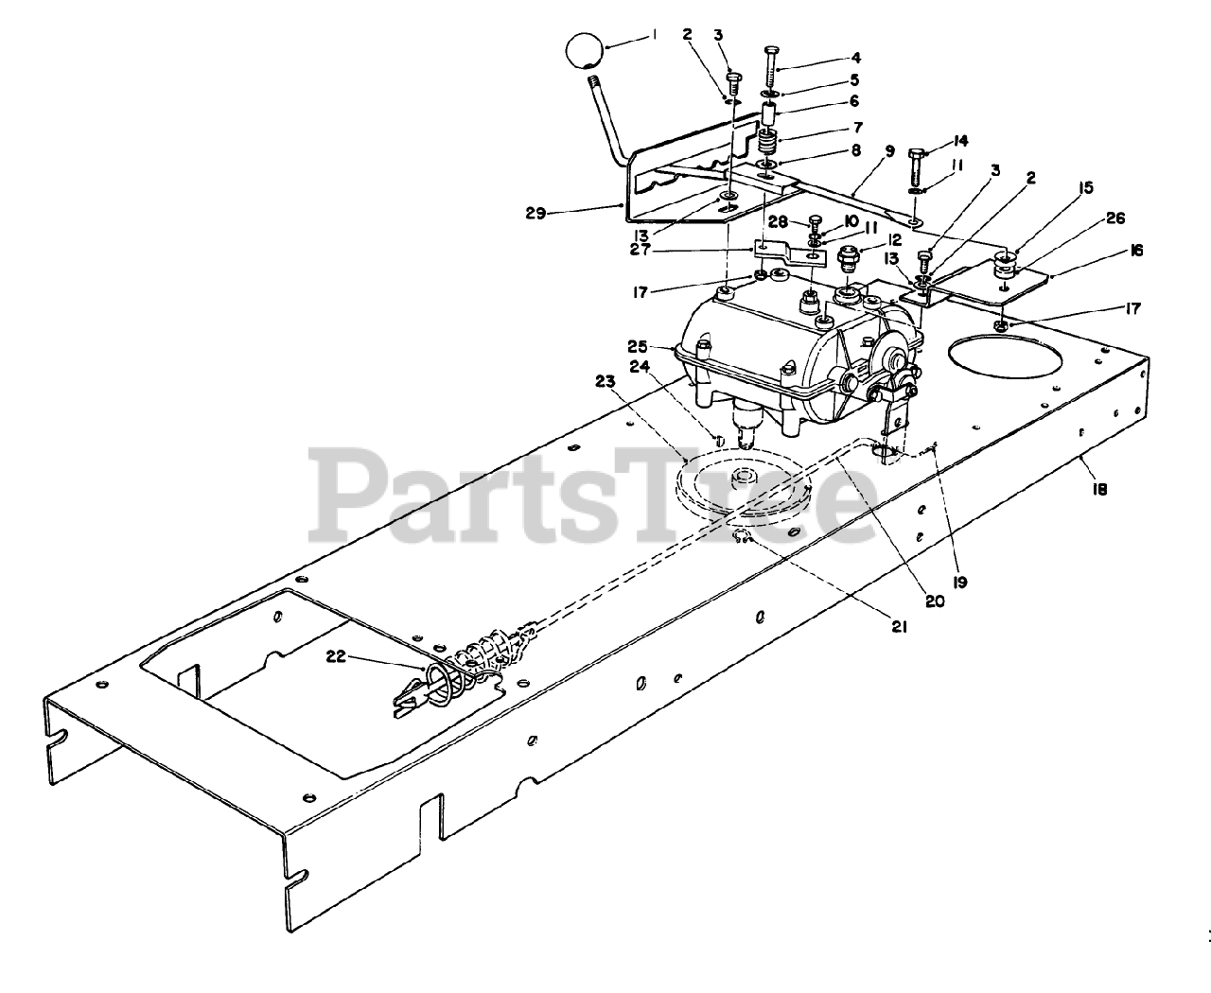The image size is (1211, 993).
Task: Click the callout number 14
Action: click(x=961, y=141)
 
